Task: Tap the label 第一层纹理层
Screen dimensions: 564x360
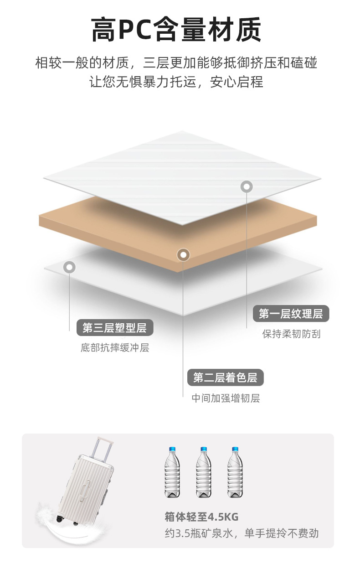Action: (291, 314)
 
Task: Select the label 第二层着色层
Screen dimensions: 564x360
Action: (225, 378)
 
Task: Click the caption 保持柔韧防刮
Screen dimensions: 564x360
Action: (291, 334)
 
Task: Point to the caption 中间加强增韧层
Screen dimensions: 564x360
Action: (226, 398)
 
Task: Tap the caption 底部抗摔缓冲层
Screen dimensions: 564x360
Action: (115, 348)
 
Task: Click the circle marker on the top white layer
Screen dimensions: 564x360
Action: (247, 186)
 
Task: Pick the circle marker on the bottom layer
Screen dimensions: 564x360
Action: (69, 267)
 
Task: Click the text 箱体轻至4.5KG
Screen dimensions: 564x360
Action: (201, 517)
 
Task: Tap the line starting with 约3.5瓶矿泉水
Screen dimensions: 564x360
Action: (242, 533)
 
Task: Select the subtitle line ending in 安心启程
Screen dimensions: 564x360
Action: (176, 82)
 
